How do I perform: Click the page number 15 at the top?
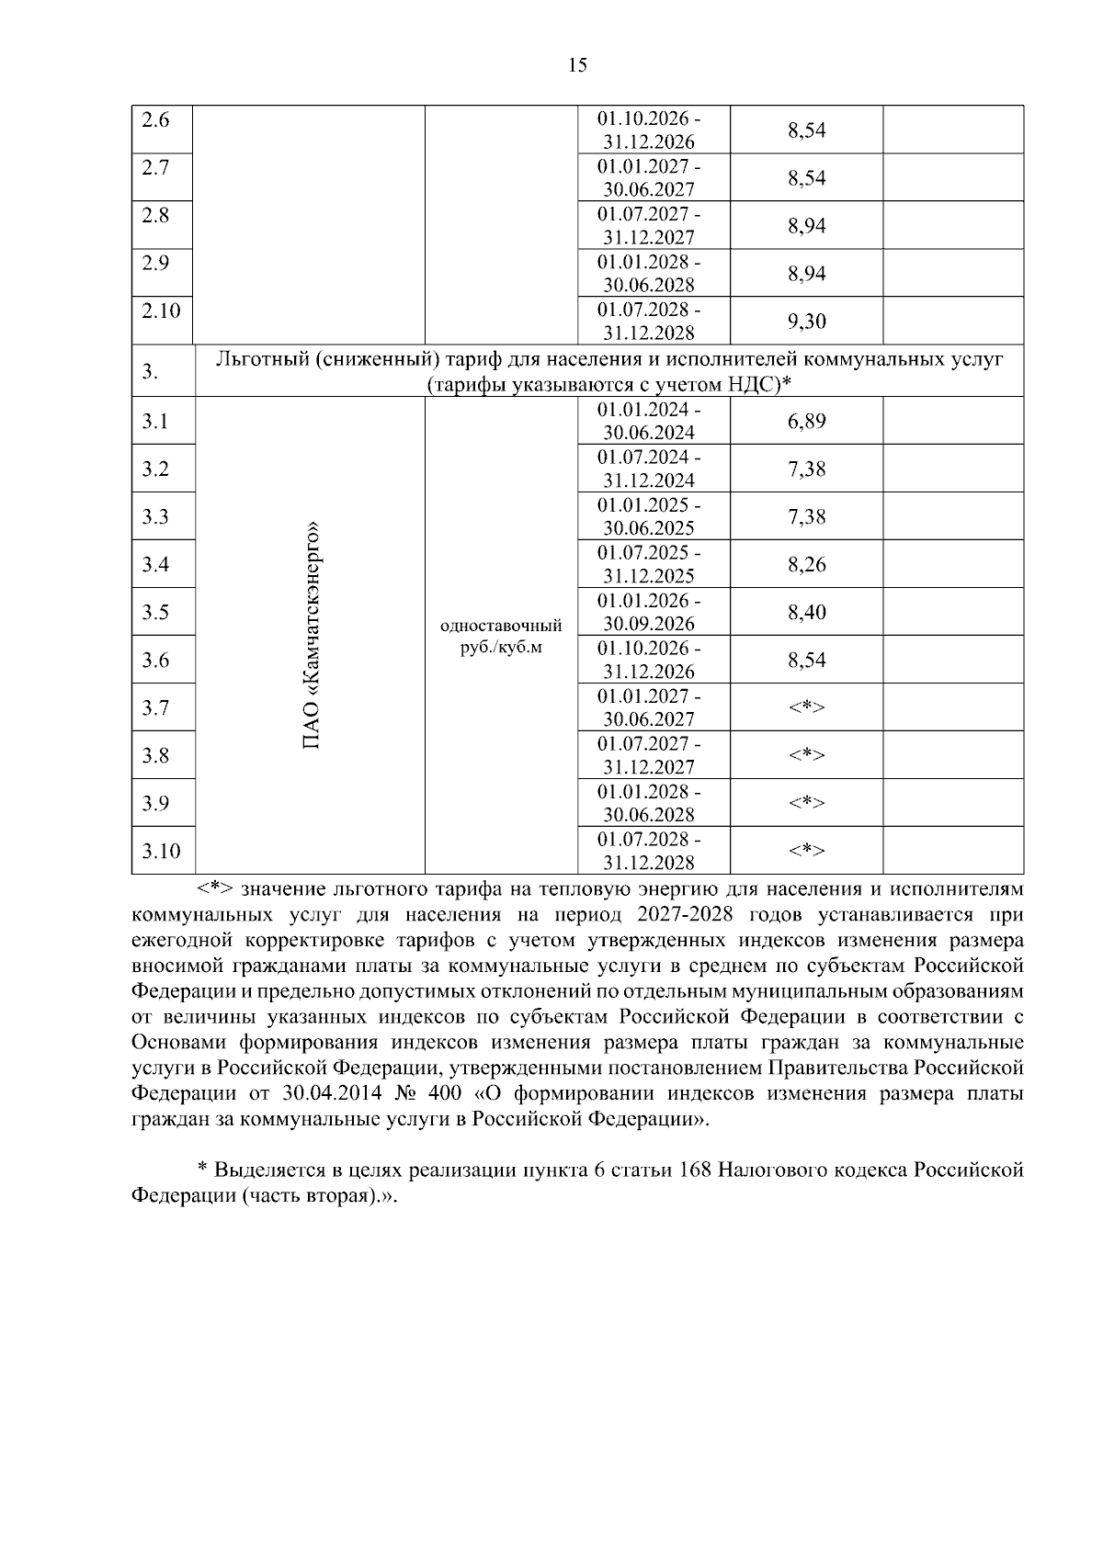pos(577,64)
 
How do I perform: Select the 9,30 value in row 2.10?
pos(806,321)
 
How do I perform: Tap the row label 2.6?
pos(155,120)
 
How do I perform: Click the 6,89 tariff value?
pos(806,422)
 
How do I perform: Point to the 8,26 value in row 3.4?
pos(806,565)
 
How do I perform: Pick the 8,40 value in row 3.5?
pos(806,613)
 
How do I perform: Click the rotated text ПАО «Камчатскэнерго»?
pos(312,636)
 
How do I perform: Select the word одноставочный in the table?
pos(501,627)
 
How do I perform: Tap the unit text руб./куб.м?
pos(501,647)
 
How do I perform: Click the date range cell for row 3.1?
pos(649,421)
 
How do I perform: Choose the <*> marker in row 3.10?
pos(806,851)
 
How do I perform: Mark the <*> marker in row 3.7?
pos(806,707)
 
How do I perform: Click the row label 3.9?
pos(155,804)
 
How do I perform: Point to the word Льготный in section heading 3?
pos(259,359)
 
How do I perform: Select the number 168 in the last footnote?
pos(695,1170)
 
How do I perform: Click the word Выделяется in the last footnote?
pos(271,1170)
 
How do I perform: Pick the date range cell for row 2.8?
pos(649,225)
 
